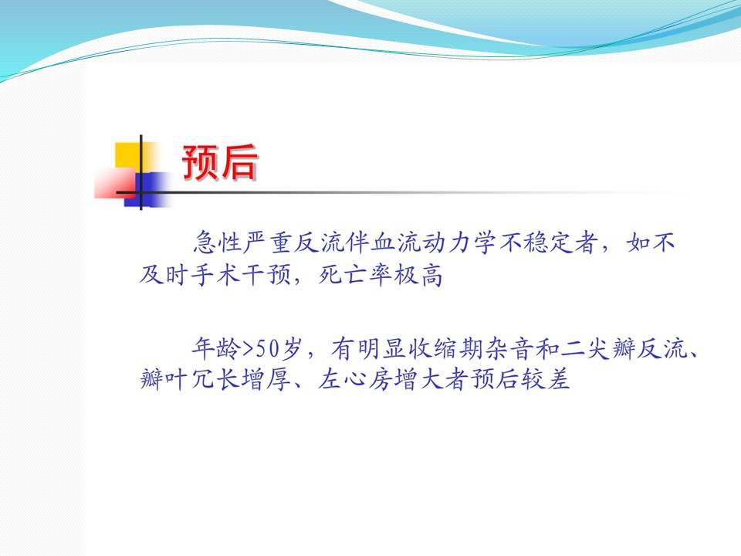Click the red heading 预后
point(220,163)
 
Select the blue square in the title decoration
point(147,190)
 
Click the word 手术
point(216,275)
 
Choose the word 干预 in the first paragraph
point(267,275)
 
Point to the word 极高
point(418,275)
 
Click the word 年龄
point(216,348)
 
